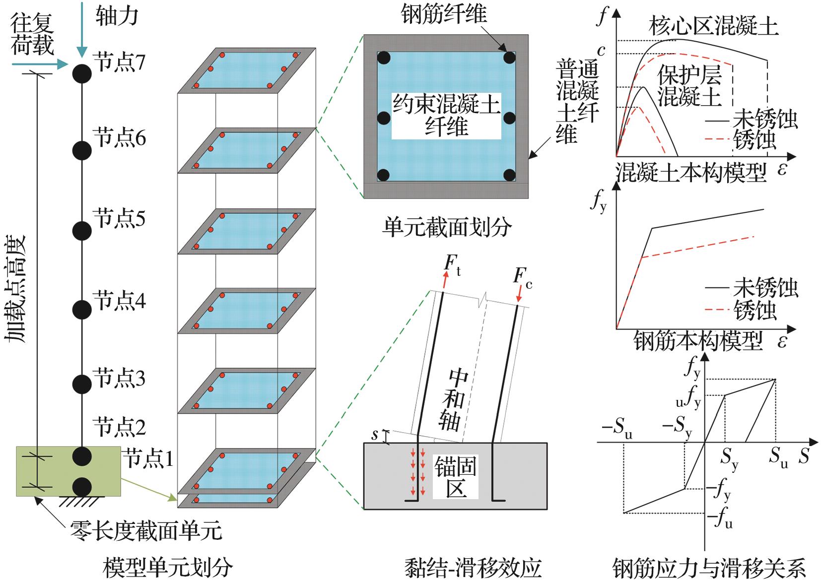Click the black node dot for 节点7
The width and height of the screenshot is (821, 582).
82,74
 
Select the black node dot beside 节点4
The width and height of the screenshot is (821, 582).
82,310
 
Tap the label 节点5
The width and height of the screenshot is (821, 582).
119,218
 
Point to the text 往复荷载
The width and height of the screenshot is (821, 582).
32,35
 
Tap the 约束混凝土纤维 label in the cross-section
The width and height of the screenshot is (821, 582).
446,116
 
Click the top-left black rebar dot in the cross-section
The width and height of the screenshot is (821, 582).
383,58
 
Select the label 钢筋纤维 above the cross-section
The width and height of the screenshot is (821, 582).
444,14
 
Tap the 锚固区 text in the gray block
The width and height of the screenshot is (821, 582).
455,477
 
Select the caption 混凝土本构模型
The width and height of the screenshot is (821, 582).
691,173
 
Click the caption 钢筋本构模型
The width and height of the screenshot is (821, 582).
697,341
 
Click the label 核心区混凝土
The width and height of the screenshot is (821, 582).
713,26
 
